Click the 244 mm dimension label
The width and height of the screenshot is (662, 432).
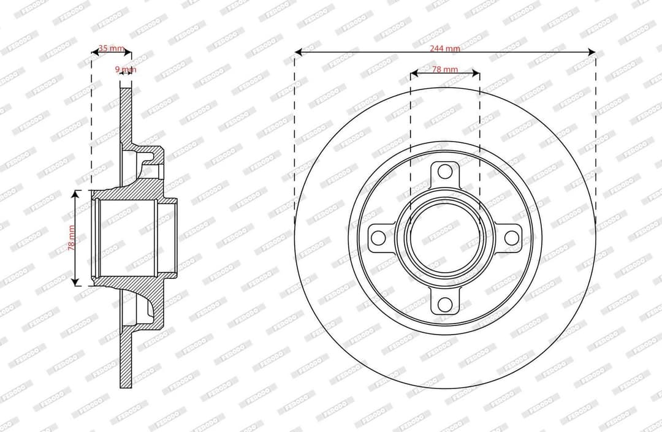coord(444,48)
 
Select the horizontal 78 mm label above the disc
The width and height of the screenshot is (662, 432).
coord(444,69)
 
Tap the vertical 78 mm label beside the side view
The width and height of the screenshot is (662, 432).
coord(71,238)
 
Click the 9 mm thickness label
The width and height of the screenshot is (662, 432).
coord(126,69)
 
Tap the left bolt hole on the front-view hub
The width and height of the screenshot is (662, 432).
coord(379,238)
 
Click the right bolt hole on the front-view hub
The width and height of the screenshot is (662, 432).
coord(511,238)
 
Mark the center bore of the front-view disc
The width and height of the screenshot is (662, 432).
coord(445,238)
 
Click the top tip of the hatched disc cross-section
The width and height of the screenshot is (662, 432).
coord(126,89)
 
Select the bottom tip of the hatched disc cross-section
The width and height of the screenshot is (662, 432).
coord(126,387)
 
